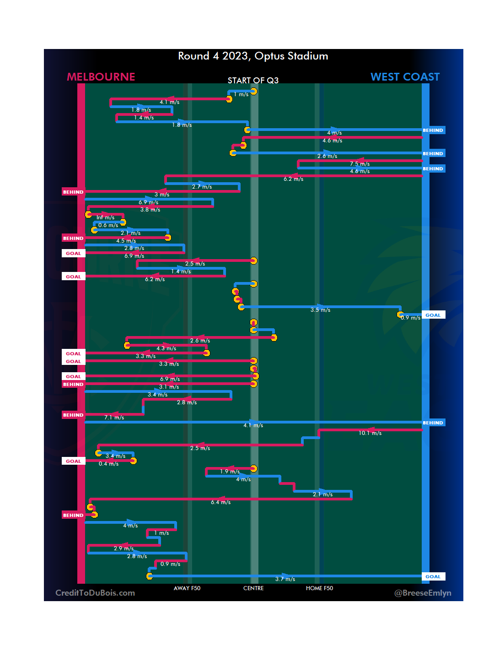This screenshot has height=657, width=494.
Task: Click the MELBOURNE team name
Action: click(x=101, y=77)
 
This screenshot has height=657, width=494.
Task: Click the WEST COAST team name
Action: click(x=405, y=77)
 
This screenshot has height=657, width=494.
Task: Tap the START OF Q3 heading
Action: click(x=253, y=81)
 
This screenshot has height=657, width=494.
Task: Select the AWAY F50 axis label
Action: click(x=187, y=588)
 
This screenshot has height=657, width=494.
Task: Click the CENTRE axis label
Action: click(x=253, y=588)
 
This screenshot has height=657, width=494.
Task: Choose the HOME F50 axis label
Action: click(x=319, y=588)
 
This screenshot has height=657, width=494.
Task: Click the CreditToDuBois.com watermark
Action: click(x=95, y=593)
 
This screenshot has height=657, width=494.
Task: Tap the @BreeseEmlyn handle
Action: click(x=423, y=593)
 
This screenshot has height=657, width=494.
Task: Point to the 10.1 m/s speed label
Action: click(x=370, y=433)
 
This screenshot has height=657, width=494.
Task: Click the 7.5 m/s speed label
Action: click(x=360, y=164)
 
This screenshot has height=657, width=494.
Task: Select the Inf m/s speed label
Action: click(x=105, y=217)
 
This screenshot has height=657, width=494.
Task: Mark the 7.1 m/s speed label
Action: click(x=114, y=418)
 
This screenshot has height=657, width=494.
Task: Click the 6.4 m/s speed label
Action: click(x=220, y=502)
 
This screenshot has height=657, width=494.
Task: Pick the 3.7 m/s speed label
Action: click(x=285, y=579)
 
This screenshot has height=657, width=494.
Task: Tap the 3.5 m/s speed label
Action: click(x=320, y=310)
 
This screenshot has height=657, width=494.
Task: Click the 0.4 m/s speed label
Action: click(x=108, y=464)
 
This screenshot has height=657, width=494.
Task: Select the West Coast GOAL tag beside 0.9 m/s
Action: click(x=433, y=315)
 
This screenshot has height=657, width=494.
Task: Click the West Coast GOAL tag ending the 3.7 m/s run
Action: click(x=433, y=576)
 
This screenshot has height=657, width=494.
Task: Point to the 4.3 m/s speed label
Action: click(x=166, y=348)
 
